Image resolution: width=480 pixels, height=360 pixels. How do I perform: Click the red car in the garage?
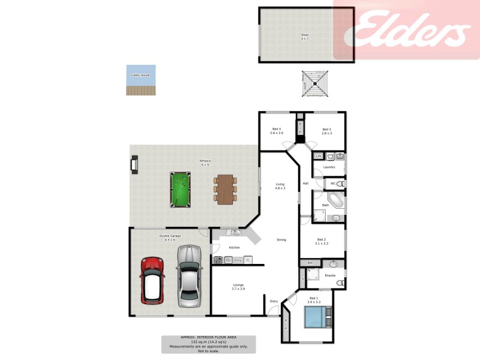152,280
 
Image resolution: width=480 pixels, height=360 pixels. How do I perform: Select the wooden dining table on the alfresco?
225,189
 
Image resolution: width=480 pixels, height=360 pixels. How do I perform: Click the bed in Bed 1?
316,317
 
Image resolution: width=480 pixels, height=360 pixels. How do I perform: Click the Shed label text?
305,35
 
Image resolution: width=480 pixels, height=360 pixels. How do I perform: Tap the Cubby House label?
140,75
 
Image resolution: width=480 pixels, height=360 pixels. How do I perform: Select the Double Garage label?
170,236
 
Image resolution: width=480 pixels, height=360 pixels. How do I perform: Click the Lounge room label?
238,285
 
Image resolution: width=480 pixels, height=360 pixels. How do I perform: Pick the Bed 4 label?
277,130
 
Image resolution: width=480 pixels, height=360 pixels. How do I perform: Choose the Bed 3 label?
326,130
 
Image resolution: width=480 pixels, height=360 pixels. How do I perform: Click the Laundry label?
329,167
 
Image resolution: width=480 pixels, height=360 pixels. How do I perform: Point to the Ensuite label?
330,275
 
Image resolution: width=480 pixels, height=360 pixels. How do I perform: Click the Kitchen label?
235,247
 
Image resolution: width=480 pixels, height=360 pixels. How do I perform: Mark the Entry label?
274,301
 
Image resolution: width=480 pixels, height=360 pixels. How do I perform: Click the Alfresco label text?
205,160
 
